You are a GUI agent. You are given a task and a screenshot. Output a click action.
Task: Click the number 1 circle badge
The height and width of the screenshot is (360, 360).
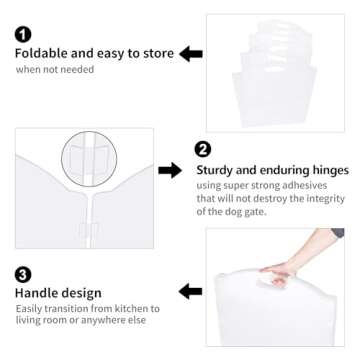22,34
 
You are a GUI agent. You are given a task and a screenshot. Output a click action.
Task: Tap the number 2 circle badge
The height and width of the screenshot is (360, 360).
203,150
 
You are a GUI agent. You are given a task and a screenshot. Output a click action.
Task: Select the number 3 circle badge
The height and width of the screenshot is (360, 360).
22,272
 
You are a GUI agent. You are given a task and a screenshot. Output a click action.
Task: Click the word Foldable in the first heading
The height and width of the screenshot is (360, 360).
42,53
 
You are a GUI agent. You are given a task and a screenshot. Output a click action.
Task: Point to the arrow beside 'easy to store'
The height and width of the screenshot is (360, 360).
190,53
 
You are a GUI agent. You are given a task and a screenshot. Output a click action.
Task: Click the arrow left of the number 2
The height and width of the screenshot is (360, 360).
171,170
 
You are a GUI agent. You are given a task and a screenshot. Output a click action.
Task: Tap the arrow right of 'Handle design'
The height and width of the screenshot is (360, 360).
190,291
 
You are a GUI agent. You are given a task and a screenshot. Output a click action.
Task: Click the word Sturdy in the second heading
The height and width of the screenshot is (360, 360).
218,170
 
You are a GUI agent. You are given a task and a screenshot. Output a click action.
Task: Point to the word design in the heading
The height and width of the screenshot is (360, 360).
82,293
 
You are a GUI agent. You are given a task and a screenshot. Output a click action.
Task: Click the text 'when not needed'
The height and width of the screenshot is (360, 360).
54,70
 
